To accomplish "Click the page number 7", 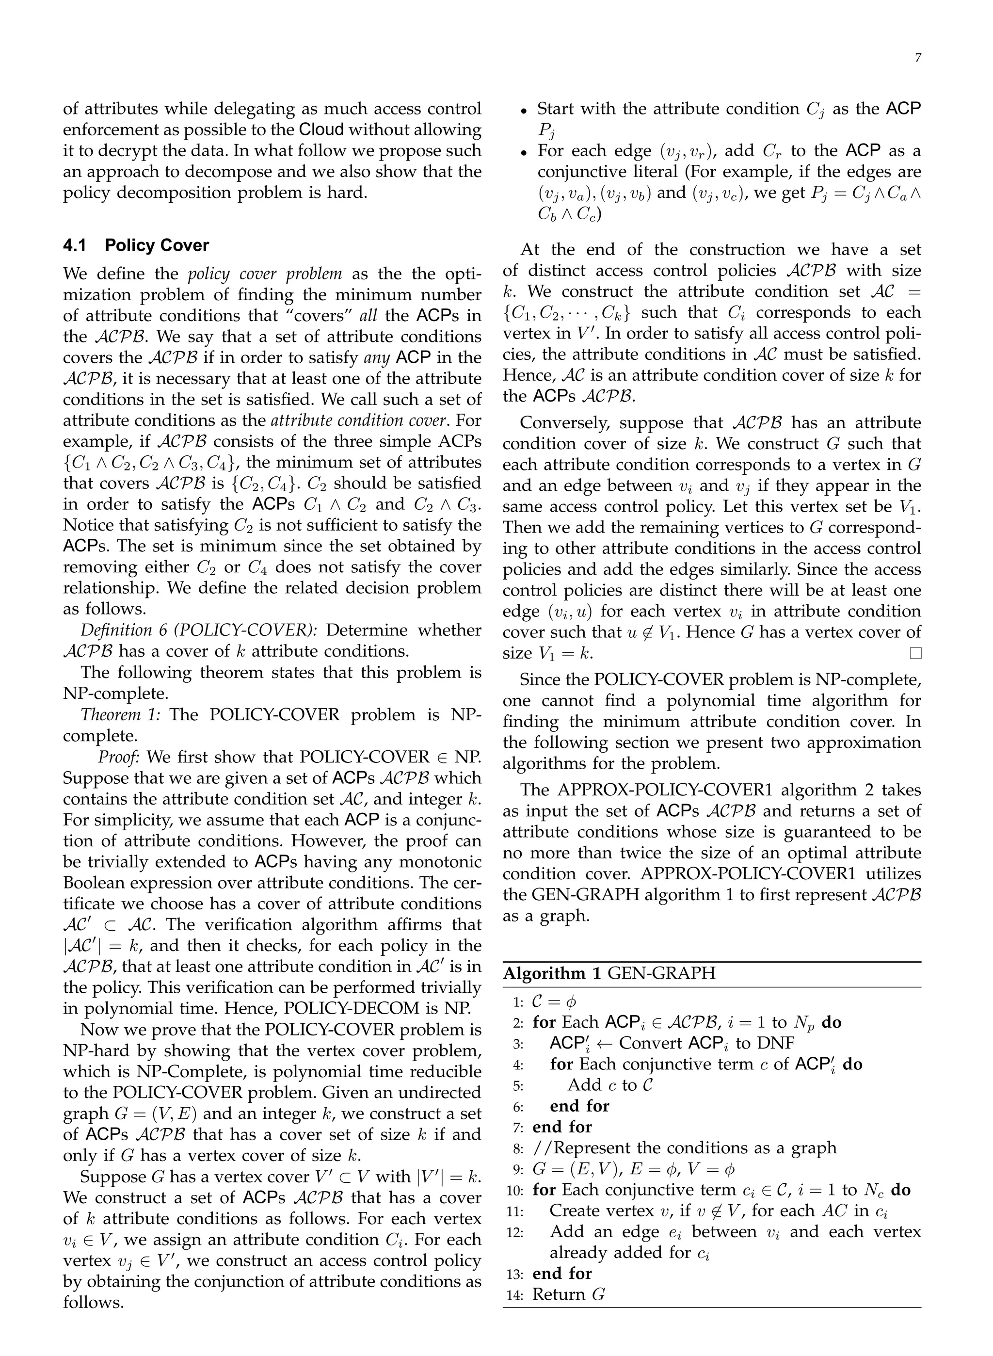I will [x=917, y=58].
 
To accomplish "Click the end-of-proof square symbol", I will [x=915, y=653].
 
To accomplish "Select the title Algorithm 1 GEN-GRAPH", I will [x=609, y=973].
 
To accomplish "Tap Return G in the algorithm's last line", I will [x=569, y=1294].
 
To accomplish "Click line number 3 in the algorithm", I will [x=519, y=1044].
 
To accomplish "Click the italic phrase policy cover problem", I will [x=265, y=274].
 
